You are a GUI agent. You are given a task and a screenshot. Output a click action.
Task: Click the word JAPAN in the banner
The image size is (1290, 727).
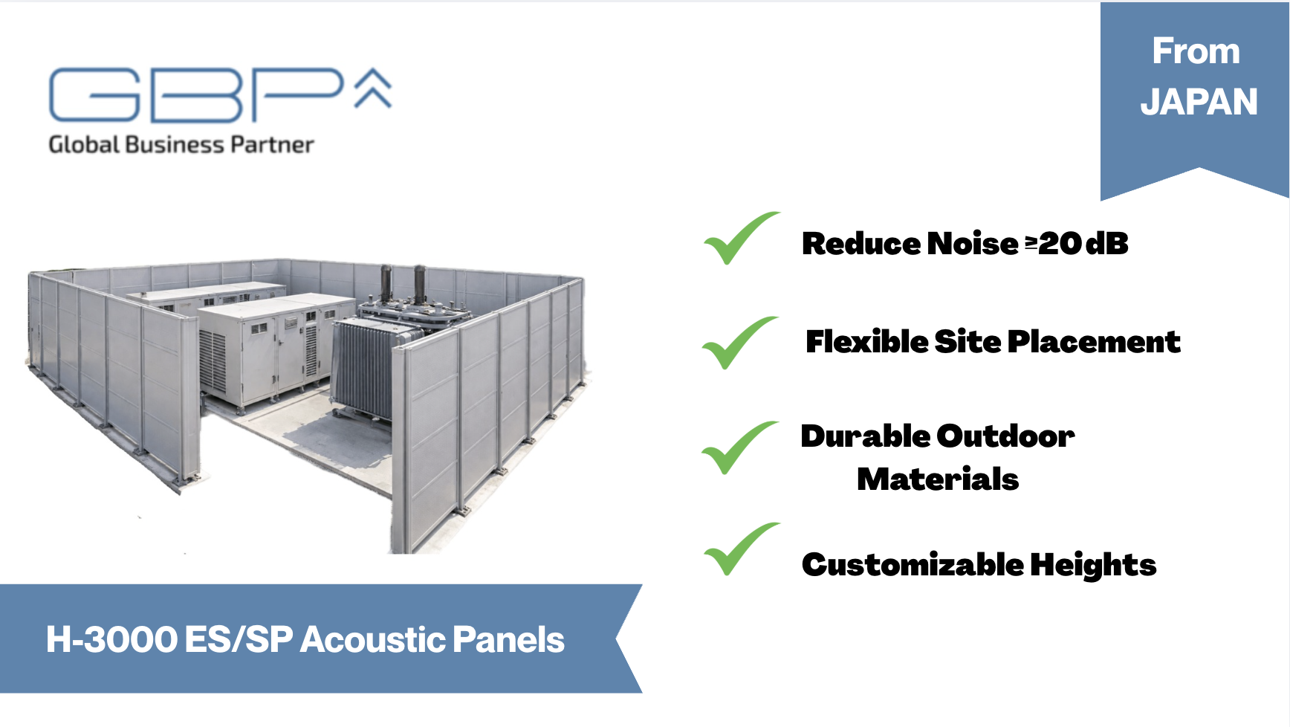coord(1199,102)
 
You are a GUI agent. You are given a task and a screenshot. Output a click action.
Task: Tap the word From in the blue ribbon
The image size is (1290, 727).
coord(1196,51)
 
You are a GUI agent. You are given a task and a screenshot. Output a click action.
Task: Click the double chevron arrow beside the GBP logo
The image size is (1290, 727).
coord(373,88)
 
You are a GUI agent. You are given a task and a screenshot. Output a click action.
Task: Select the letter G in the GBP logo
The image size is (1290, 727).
coord(95,95)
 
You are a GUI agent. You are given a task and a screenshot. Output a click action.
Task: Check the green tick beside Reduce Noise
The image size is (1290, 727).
coord(742,238)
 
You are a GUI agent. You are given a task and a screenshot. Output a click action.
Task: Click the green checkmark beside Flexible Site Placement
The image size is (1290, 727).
coord(740,343)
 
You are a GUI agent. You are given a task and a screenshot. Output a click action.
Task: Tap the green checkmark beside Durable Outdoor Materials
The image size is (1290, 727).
coord(740,447)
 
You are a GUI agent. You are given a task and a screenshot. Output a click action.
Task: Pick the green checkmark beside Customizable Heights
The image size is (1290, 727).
coord(742,549)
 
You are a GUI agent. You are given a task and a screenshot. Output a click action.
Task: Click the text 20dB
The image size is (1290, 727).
coord(1083,244)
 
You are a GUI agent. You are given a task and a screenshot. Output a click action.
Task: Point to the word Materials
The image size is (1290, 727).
coord(938,479)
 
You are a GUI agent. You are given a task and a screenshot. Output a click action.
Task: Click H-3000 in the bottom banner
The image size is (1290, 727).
coord(111,639)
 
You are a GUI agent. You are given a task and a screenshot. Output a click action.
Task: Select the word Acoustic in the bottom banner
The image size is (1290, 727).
coord(373,639)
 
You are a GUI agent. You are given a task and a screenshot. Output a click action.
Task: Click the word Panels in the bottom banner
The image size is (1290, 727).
coord(508,639)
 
